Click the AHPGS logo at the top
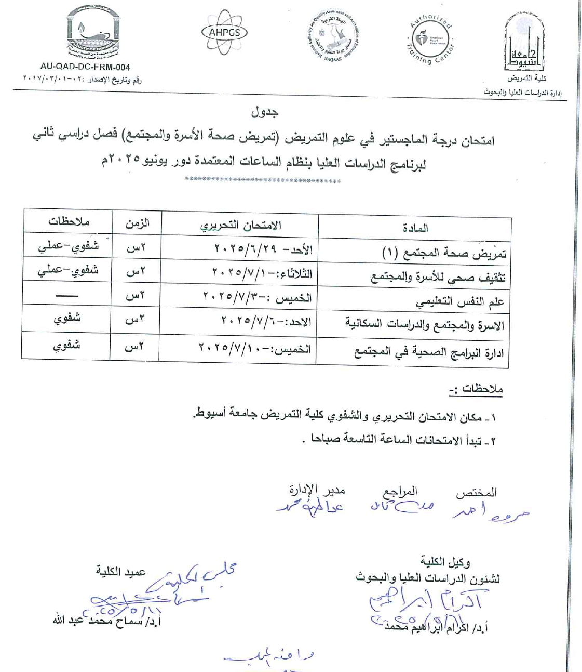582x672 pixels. (225, 32)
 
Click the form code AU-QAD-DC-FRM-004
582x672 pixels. (85, 67)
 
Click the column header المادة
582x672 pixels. (415, 228)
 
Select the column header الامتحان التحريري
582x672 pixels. (240, 226)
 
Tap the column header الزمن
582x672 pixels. (137, 223)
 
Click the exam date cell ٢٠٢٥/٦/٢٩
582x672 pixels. (263, 249)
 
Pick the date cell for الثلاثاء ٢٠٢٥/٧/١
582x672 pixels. (262, 272)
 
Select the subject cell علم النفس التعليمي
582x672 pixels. (459, 302)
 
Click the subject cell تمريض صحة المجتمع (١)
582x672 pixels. (443, 254)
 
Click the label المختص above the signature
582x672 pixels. (476, 492)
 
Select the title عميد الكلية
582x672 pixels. (120, 572)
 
